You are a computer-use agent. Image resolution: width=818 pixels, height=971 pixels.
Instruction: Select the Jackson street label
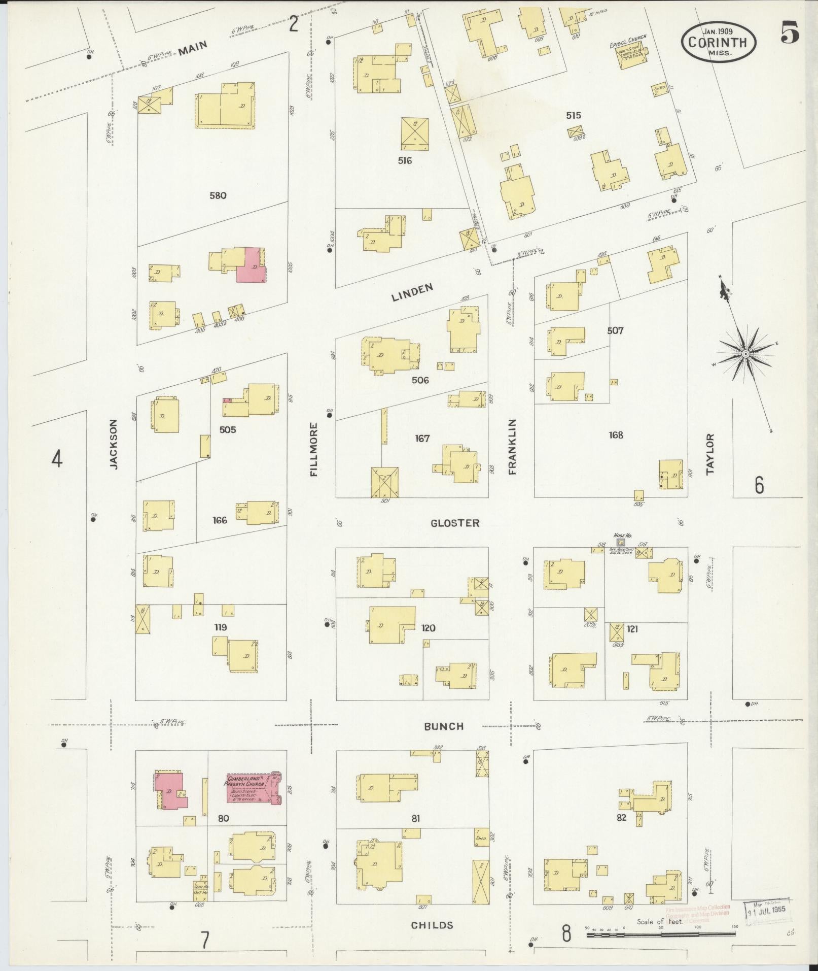(113, 444)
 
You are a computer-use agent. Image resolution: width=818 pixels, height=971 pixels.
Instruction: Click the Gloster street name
(454, 523)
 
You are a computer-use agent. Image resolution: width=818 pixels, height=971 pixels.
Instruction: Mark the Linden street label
(412, 293)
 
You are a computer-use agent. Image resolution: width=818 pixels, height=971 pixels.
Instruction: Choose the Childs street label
(432, 925)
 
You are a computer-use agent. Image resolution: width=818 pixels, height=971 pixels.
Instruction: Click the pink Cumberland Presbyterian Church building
(253, 802)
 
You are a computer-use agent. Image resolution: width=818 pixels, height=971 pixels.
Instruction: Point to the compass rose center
(745, 354)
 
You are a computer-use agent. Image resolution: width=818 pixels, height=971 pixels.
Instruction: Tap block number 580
(218, 195)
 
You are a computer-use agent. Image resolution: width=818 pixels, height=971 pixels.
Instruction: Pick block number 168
(616, 435)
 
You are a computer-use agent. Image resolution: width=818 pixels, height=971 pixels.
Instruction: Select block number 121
(632, 629)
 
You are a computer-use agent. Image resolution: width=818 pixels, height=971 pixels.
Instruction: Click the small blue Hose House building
(620, 543)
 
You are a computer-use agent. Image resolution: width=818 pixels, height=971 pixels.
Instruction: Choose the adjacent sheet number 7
(205, 941)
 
